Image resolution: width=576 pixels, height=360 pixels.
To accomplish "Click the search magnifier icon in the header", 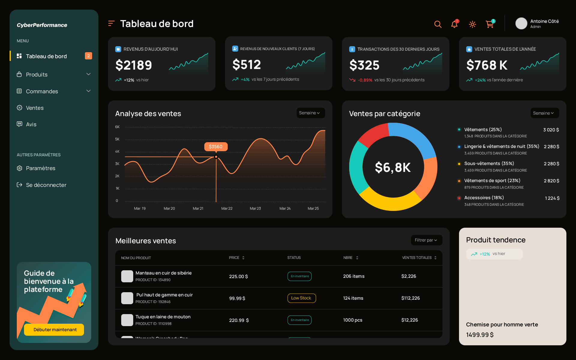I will coord(438,24).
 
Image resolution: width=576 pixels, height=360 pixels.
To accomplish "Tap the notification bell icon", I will coord(454,24).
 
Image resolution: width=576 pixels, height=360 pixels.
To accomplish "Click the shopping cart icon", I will coord(490,24).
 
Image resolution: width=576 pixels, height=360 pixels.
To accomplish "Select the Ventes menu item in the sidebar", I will coord(35,108).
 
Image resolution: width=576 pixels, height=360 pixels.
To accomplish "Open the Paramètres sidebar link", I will coord(40,168).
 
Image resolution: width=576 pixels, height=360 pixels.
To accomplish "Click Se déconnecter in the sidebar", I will coord(46,185).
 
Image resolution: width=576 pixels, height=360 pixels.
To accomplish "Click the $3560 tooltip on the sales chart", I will coord(216,147).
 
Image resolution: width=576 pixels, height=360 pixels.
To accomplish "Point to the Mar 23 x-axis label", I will coord(255,208).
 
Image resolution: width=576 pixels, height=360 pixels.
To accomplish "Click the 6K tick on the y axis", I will coord(117,127).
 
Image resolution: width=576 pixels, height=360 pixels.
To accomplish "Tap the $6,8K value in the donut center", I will coord(393,167).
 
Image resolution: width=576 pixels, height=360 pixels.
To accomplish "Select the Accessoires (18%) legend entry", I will coord(484,198).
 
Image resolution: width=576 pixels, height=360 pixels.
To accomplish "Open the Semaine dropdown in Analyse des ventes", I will coord(310,113).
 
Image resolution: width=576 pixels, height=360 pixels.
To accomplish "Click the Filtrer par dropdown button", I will coord(426,240).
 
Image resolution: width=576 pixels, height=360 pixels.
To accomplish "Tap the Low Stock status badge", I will coord(301,298).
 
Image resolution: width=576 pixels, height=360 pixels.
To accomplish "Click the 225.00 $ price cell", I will coord(238,277).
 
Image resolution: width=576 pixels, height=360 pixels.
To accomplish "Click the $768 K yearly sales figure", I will coord(487,65).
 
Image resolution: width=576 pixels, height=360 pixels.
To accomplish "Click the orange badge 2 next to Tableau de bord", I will coord(88,56).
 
